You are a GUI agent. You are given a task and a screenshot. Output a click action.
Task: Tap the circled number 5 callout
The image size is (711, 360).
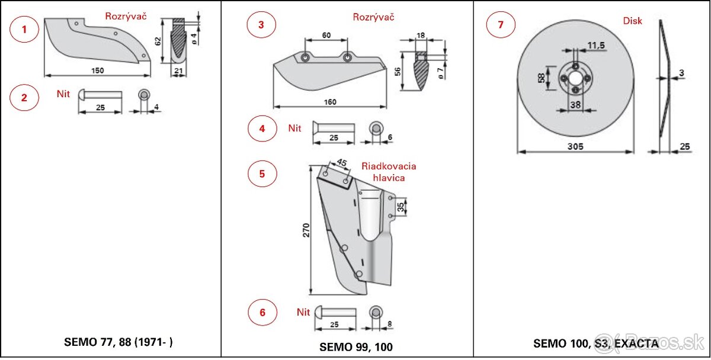262,174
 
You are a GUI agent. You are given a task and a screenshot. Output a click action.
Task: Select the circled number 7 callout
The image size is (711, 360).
501,25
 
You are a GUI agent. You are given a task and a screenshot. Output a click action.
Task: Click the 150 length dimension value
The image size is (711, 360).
98,70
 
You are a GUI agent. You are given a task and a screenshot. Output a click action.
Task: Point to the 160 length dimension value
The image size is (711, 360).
330,102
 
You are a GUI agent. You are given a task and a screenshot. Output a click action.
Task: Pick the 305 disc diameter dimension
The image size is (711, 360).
575,146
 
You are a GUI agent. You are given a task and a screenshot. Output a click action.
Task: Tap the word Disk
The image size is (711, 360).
632,21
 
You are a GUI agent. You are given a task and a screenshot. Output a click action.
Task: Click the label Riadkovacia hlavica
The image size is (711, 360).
389,172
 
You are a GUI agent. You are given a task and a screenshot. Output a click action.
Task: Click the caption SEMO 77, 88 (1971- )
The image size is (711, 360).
118,342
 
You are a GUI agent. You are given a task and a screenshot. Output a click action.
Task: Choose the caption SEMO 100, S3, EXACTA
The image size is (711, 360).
595,343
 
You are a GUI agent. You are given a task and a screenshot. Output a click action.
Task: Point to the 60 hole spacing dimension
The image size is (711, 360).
326,35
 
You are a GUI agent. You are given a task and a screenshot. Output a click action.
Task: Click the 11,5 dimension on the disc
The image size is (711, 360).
596,46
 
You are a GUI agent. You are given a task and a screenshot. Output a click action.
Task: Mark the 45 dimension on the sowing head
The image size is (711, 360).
342,162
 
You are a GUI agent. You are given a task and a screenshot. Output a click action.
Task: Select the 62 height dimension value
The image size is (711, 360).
157,41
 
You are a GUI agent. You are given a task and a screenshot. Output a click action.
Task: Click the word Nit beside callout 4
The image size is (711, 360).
294,128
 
